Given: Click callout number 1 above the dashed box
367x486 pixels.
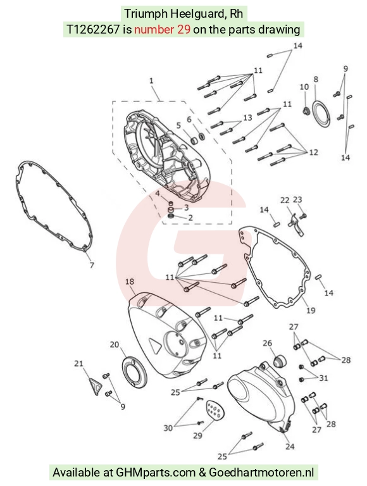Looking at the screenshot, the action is pyautogui.click(x=151, y=81).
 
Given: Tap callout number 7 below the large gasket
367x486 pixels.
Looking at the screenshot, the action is pyautogui.click(x=92, y=265).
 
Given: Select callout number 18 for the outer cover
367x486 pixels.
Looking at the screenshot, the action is pyautogui.click(x=130, y=282).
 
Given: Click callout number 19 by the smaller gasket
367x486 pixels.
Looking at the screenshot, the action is pyautogui.click(x=311, y=310).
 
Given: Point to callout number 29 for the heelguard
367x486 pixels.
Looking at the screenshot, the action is pyautogui.click(x=198, y=435).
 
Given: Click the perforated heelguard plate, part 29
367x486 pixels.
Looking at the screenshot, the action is pyautogui.click(x=215, y=410).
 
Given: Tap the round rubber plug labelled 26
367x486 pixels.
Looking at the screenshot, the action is pyautogui.click(x=279, y=361).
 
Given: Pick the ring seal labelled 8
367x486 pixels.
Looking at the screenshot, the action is pyautogui.click(x=321, y=114).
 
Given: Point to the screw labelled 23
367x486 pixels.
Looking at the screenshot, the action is pyautogui.click(x=303, y=215).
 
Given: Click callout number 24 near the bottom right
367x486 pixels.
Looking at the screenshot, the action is pyautogui.click(x=290, y=446).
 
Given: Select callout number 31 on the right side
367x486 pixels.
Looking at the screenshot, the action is pyautogui.click(x=323, y=378).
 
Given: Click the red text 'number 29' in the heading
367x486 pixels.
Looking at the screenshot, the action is pyautogui.click(x=163, y=30).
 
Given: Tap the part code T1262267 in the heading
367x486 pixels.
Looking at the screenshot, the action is pyautogui.click(x=93, y=30).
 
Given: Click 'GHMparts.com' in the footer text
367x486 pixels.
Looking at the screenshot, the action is pyautogui.click(x=156, y=473).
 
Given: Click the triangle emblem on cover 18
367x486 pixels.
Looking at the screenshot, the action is pyautogui.click(x=153, y=344).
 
